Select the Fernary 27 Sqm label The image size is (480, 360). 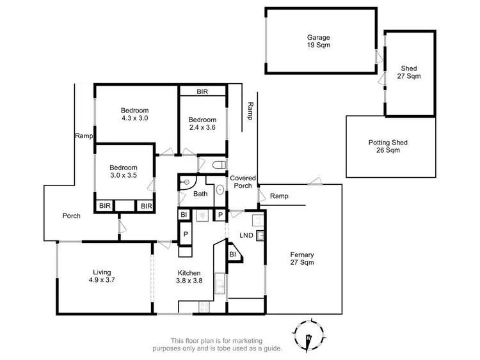click(303, 258)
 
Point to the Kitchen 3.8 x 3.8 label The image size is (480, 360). click(189, 276)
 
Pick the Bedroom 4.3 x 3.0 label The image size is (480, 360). click(134, 114)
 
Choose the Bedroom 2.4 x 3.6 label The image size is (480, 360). click(202, 123)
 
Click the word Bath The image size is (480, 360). click(201, 194)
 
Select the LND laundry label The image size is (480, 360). click(246, 236)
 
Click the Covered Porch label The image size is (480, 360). click(243, 182)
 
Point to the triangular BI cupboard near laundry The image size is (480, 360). click(232, 254)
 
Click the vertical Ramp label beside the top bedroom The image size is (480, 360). click(251, 111)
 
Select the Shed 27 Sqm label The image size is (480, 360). click(410, 72)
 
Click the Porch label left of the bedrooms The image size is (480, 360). click(71, 215)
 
